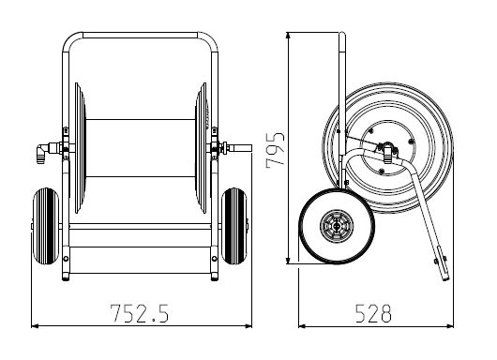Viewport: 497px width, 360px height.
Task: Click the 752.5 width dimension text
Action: (x=139, y=313)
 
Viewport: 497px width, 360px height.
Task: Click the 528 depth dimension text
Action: (x=373, y=313)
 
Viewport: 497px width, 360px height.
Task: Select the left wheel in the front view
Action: (x=46, y=226)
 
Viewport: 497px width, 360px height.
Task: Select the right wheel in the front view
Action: (x=234, y=226)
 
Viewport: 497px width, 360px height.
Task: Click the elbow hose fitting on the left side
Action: (x=44, y=152)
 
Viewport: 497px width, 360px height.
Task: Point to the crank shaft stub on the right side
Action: (x=240, y=148)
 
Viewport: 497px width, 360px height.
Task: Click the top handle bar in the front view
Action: (x=140, y=35)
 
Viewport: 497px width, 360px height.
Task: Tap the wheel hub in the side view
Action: (x=337, y=226)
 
